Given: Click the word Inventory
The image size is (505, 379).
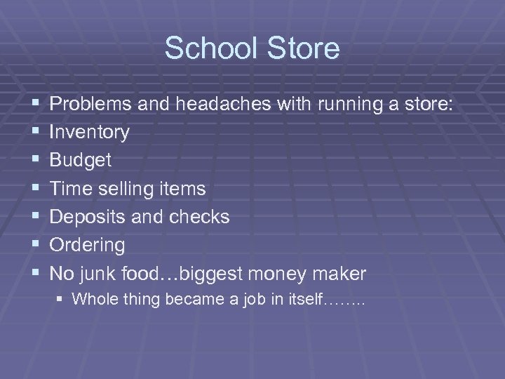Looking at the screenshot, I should point(90,132).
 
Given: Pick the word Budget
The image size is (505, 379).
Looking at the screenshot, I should point(81,160).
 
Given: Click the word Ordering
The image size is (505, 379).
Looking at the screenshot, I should point(88,245).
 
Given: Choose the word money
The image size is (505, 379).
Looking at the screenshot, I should point(270,273).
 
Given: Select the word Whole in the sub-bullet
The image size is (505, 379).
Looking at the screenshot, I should point(92,300).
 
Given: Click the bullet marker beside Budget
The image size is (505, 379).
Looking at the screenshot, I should point(35,160).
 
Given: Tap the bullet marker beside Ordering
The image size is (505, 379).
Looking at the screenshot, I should point(35,245).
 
